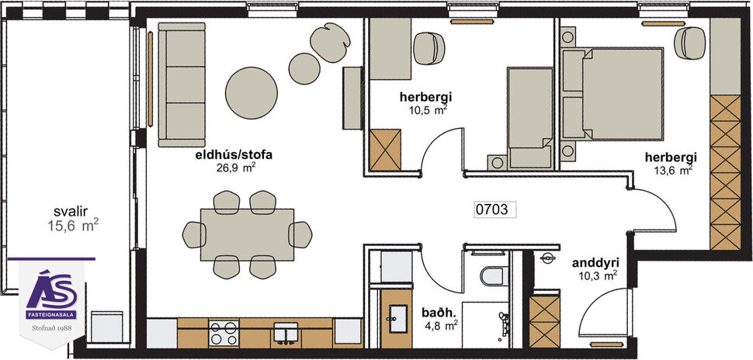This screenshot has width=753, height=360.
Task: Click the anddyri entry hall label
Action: [x=595, y=262]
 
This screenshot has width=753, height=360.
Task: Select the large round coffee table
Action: [x=252, y=92]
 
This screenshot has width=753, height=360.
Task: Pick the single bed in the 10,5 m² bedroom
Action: [x=529, y=116]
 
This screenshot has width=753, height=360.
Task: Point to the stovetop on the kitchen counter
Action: [x=224, y=333]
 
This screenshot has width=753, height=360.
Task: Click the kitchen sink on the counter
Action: [x=287, y=334]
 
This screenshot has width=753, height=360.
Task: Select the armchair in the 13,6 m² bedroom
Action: [x=689, y=43]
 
